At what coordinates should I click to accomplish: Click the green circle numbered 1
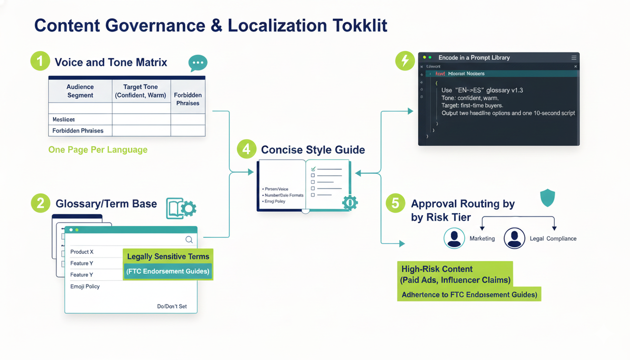point(40,62)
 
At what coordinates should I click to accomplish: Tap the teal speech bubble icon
point(198,63)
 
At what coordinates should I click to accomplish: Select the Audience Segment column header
point(80,91)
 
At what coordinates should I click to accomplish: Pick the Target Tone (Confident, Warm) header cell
point(141,91)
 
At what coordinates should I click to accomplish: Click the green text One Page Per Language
point(97,150)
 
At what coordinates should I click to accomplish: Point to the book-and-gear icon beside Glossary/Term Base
point(181,208)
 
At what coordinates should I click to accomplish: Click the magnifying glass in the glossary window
point(189,240)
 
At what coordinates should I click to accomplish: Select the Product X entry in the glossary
point(82,252)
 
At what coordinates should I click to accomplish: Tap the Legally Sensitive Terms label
point(168,257)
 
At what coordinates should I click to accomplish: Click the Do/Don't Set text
point(172,306)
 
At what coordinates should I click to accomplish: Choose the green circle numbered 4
point(247,149)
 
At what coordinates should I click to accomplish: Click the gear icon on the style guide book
point(349,202)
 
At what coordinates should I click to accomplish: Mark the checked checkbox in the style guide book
point(313,169)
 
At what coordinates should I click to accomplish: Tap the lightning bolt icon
point(405,61)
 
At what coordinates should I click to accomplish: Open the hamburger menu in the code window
point(574,58)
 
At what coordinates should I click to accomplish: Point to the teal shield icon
point(547,198)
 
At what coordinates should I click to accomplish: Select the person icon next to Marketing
point(454,238)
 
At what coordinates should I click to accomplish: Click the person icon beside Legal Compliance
point(514,238)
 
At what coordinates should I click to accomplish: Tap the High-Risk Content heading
point(437,269)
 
